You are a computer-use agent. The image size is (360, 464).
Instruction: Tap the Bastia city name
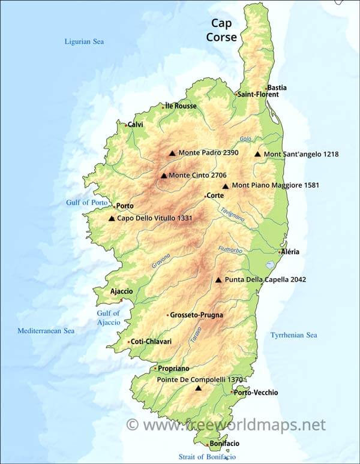coord(277,88)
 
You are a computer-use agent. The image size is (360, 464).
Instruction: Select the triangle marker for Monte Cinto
coord(163,176)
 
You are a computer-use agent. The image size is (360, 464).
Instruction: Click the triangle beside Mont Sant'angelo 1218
coord(257,154)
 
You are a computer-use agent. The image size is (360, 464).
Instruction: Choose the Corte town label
coord(215,195)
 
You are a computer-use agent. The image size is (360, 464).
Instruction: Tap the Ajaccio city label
coord(121,291)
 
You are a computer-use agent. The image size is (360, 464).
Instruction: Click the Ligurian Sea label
coord(84,41)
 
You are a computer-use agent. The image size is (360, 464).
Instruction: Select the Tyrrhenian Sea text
coord(293,335)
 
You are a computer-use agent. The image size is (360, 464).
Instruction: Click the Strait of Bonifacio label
coord(207,457)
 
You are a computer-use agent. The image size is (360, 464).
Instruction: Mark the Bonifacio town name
coord(224,444)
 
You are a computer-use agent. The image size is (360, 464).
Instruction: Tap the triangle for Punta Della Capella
coord(218,280)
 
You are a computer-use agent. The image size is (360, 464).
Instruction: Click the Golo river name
coord(245,139)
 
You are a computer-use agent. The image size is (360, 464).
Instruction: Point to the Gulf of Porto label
coord(87,203)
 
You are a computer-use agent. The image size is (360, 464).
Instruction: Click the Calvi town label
coord(135,125)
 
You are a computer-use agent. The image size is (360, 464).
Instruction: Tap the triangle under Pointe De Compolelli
coord(199,388)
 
